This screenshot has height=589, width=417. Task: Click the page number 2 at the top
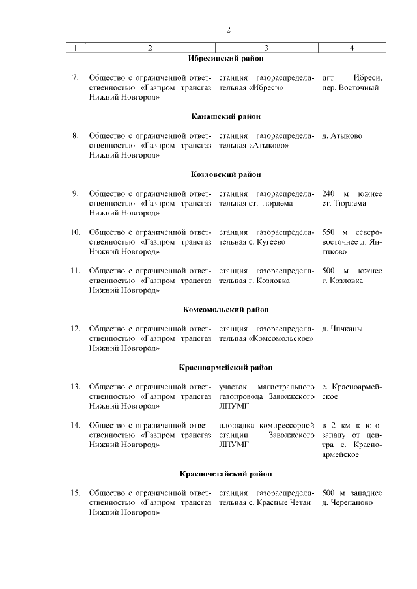(x=228, y=30)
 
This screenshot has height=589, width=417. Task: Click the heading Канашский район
(x=226, y=116)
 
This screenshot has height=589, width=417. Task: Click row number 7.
(x=75, y=78)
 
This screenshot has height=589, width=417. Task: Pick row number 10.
(x=75, y=232)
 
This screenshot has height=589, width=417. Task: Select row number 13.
(x=75, y=387)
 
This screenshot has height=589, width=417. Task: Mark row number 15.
(x=75, y=493)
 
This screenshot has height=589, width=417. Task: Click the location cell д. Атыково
(x=342, y=136)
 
